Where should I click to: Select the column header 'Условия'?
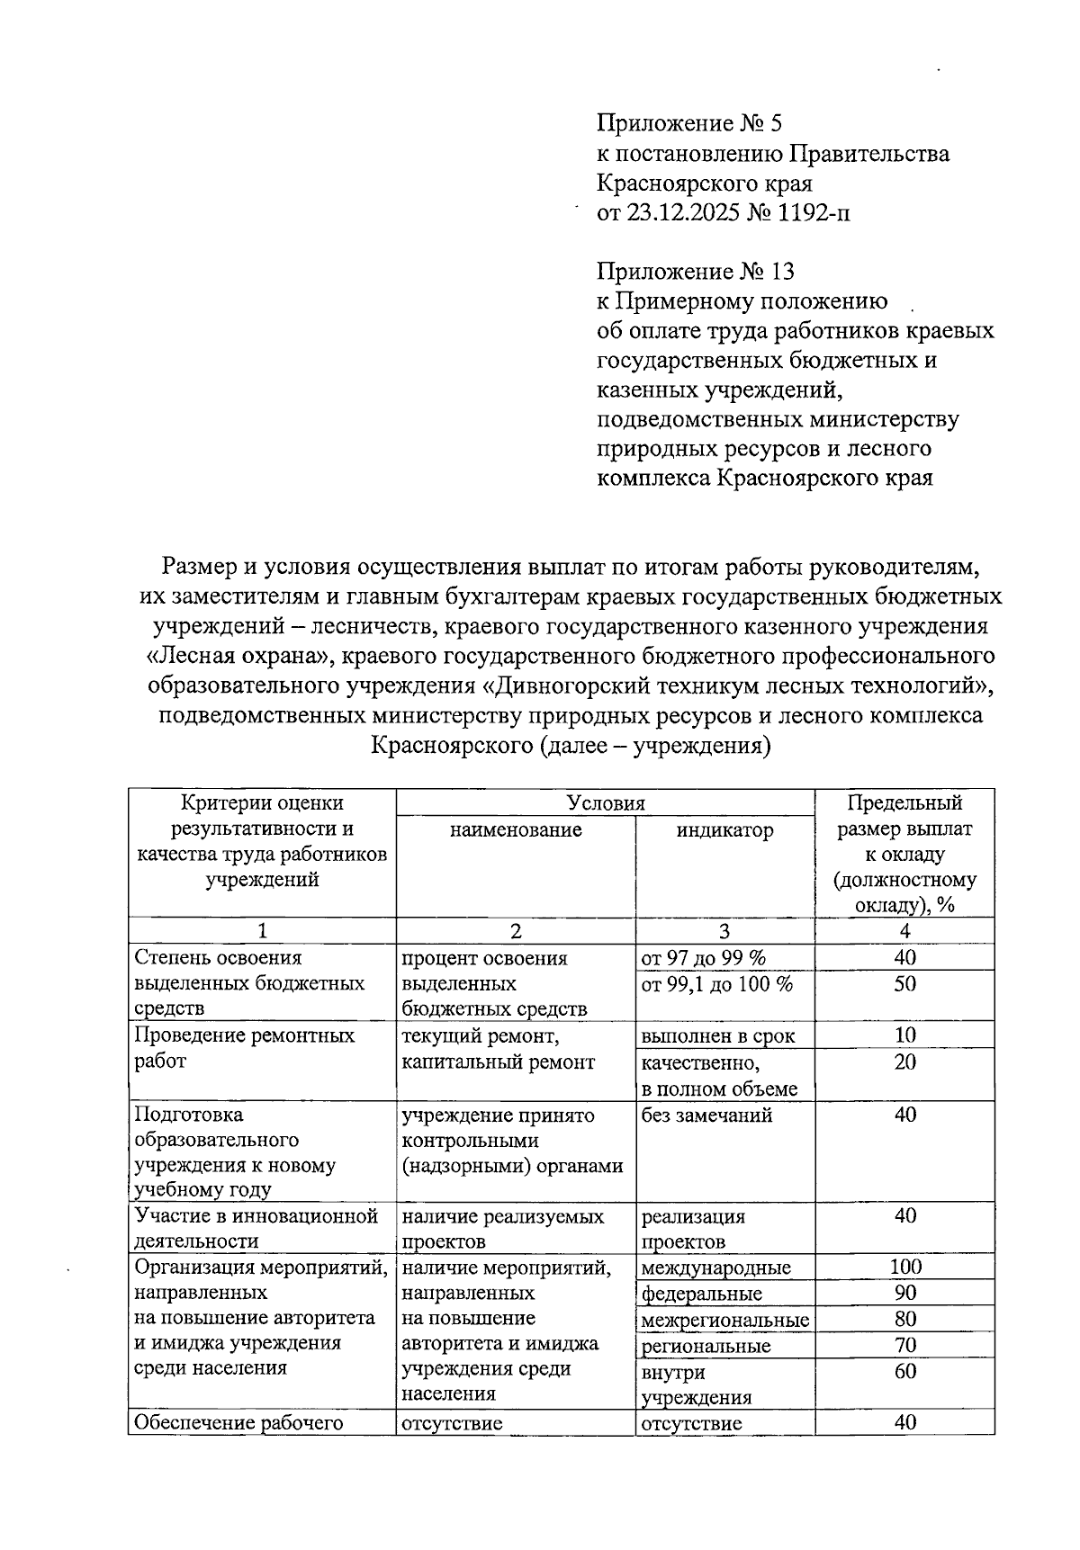point(606,803)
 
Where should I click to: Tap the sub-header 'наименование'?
point(516,830)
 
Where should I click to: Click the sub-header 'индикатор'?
point(724,830)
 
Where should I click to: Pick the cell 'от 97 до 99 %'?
point(703,958)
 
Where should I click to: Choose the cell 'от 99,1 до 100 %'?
point(716,984)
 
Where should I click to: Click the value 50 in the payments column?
point(904,984)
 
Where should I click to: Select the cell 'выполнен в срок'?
point(717,1036)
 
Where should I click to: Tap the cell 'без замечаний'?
point(706,1115)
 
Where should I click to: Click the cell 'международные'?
point(715,1268)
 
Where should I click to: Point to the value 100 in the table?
point(904,1268)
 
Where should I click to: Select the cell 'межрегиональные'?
point(724,1321)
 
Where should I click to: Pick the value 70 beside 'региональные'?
point(904,1346)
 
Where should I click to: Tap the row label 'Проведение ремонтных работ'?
point(244,1048)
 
